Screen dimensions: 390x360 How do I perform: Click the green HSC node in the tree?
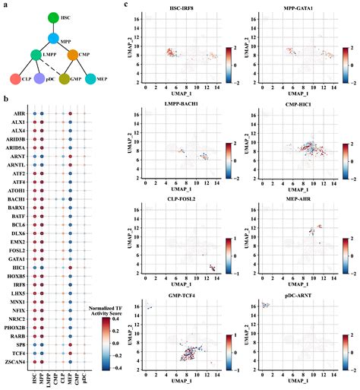coord(52,17)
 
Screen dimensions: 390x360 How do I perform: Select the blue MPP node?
coord(53,37)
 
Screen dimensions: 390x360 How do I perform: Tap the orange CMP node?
coord(73,55)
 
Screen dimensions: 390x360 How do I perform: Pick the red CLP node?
coord(14,78)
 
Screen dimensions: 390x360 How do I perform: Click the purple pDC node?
coord(39,78)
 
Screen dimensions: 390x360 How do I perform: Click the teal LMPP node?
coord(33,55)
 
